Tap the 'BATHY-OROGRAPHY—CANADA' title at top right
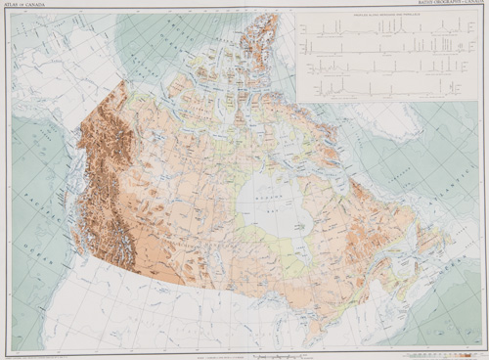click(458, 4)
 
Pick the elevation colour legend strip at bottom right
click(445, 350)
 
